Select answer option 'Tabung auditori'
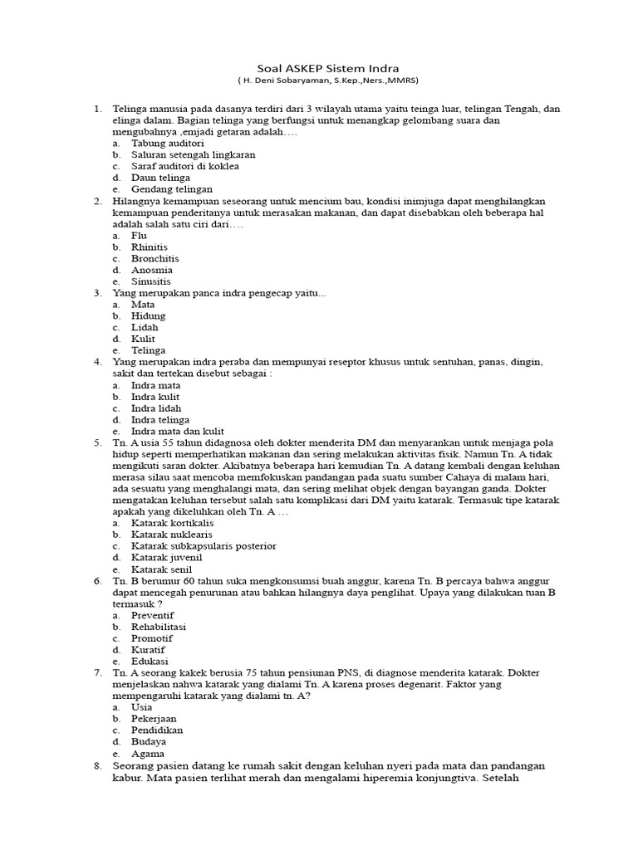[x=167, y=143]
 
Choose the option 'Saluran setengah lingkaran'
[x=193, y=154]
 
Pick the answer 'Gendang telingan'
[x=172, y=189]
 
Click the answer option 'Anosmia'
[x=152, y=270]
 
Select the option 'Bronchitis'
[x=155, y=258]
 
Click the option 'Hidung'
[x=148, y=315]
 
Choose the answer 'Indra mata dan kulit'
[x=177, y=432]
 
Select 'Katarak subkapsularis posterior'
[x=204, y=546]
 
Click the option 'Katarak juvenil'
[x=167, y=558]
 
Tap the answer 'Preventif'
[x=154, y=615]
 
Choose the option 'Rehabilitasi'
[x=159, y=627]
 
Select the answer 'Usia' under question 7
[x=142, y=707]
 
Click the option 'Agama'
[x=147, y=754]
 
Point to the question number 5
[x=97, y=443]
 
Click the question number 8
[x=97, y=765]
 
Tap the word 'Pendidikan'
[x=157, y=730]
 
